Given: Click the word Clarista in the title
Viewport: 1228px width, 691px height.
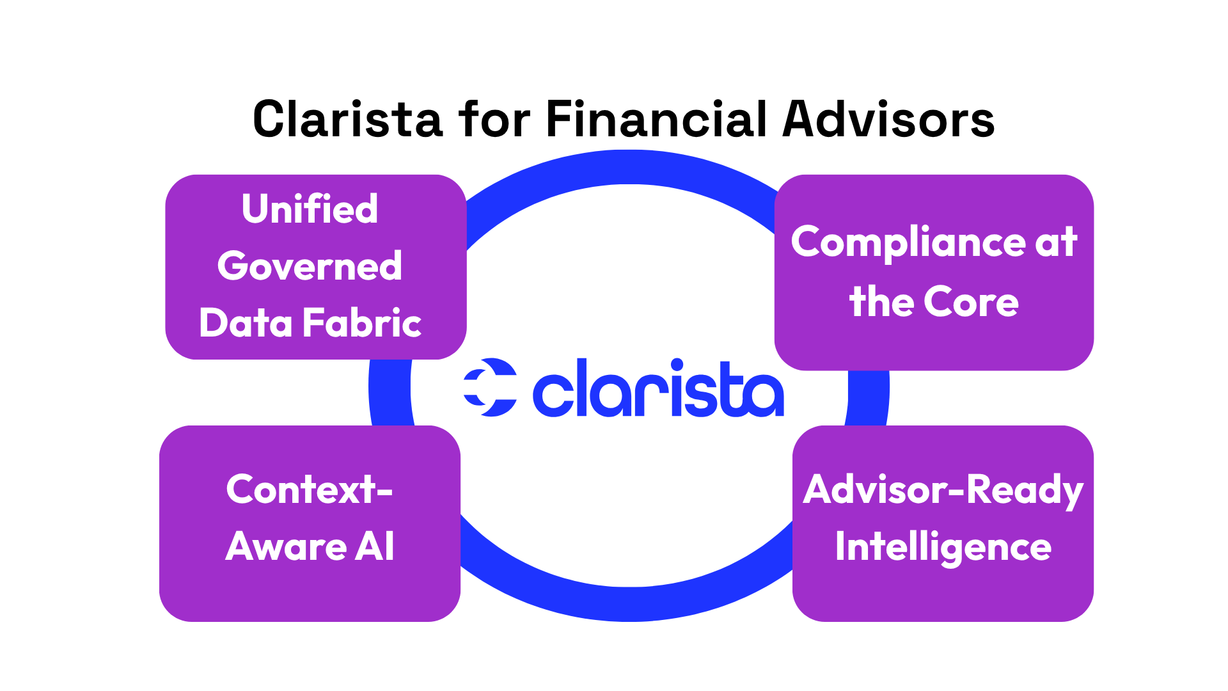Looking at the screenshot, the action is point(347,120).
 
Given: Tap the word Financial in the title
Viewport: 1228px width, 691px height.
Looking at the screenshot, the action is point(656,120).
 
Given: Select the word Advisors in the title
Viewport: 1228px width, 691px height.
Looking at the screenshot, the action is point(888,120).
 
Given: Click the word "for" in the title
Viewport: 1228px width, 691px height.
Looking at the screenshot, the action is point(494,120).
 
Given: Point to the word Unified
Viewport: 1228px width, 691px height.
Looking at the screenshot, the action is point(310,209).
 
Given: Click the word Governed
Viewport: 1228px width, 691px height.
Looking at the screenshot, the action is point(310,266).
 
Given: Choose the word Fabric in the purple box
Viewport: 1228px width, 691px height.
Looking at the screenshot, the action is point(362,322).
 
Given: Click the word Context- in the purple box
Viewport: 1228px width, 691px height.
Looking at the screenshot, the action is point(310,489).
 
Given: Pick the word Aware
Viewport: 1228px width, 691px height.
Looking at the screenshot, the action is point(286,547).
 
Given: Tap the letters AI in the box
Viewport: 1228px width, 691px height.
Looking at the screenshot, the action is point(375,547).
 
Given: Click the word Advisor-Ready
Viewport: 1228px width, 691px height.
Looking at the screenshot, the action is point(943,491).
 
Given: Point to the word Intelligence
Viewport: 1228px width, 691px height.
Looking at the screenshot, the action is point(943,548).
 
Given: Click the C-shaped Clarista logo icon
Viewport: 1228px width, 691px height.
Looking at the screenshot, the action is point(491,387).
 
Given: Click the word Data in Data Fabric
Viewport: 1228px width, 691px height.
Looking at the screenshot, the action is point(246,322).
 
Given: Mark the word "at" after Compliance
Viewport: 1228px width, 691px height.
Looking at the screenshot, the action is point(1056,243).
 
